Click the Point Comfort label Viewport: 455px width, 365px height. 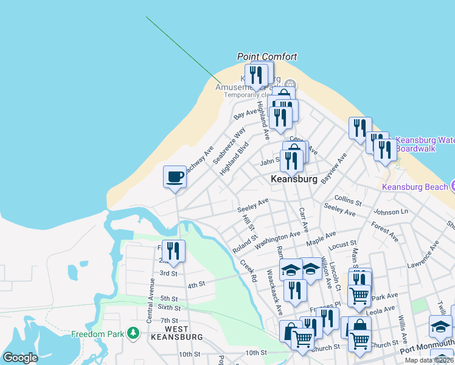point(267,57)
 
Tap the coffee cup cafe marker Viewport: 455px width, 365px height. point(175,177)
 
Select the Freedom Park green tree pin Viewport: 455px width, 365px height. point(133,333)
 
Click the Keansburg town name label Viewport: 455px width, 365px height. point(294,179)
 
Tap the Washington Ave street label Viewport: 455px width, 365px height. point(278,240)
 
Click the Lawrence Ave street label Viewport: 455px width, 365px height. point(423,255)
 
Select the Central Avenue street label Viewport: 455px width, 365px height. point(151,302)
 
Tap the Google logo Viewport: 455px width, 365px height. point(20,358)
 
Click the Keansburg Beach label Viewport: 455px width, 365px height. point(415,186)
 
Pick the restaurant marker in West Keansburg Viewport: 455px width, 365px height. point(173,252)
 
